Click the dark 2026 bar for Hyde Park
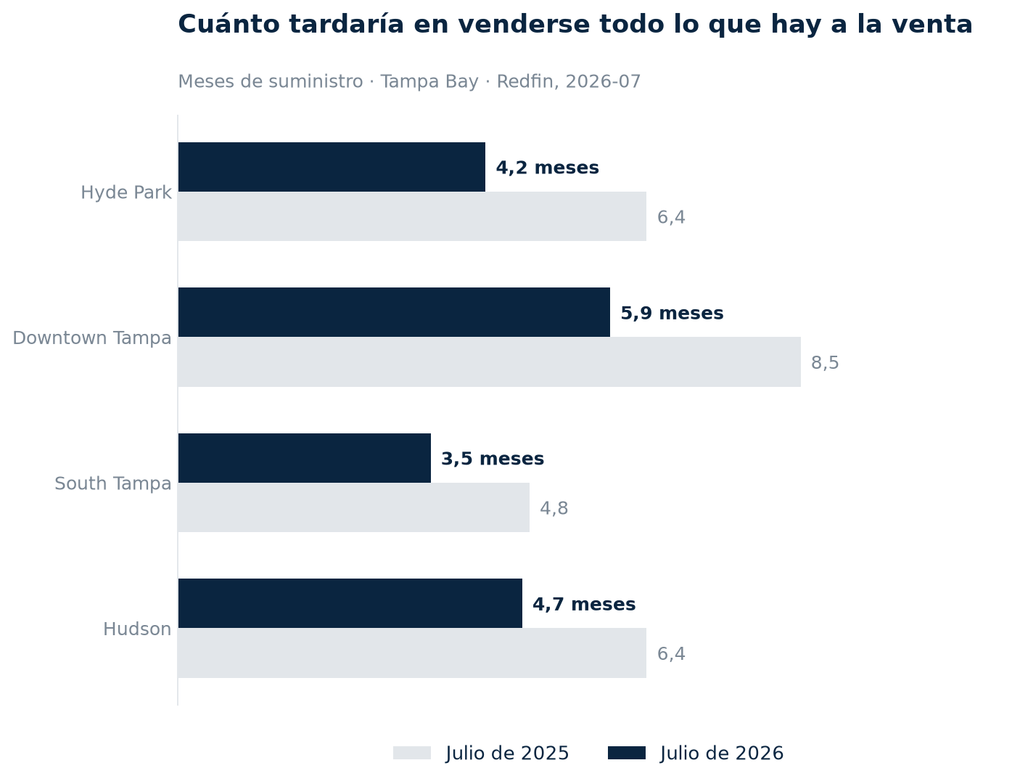(331, 167)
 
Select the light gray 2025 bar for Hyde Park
(412, 216)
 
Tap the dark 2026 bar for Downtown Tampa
(393, 312)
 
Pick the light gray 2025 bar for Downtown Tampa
(489, 362)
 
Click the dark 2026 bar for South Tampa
(304, 458)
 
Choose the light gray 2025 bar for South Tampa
(353, 507)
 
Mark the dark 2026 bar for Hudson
(350, 603)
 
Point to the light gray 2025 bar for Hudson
(412, 653)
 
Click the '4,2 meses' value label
(547, 168)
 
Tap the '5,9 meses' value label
(672, 313)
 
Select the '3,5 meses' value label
(493, 459)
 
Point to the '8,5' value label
(824, 362)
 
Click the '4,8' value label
(554, 508)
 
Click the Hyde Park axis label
(126, 192)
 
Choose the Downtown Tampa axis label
(91, 338)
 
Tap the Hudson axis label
(137, 629)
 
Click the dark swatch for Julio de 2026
(626, 754)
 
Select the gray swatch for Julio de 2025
(411, 754)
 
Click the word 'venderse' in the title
(524, 24)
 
